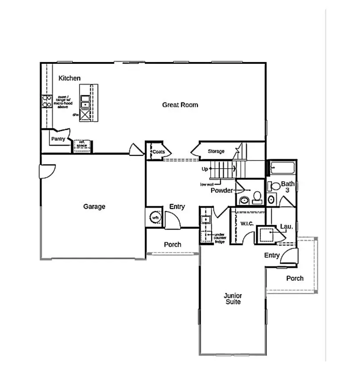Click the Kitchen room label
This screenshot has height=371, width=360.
[x=70, y=78]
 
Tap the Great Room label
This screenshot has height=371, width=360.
[x=180, y=105]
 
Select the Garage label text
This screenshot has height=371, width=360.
[x=94, y=206]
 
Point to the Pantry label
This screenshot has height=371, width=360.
[x=58, y=139]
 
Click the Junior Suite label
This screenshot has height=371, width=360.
[x=232, y=298]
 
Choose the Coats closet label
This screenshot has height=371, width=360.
[x=159, y=151]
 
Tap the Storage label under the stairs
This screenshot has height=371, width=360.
[x=216, y=151]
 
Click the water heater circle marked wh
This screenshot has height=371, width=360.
[x=155, y=218]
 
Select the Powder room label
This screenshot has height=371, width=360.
[x=221, y=190]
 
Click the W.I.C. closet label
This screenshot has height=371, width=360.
[x=247, y=224]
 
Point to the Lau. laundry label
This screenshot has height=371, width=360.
[x=286, y=227]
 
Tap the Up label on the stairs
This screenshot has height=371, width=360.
[x=204, y=169]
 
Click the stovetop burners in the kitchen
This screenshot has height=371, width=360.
[x=45, y=101]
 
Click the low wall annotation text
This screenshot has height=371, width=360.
[x=208, y=183]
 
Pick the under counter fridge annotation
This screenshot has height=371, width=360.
[x=220, y=238]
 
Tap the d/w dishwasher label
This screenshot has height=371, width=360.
[x=76, y=115]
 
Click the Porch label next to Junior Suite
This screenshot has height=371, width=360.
[x=294, y=278]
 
